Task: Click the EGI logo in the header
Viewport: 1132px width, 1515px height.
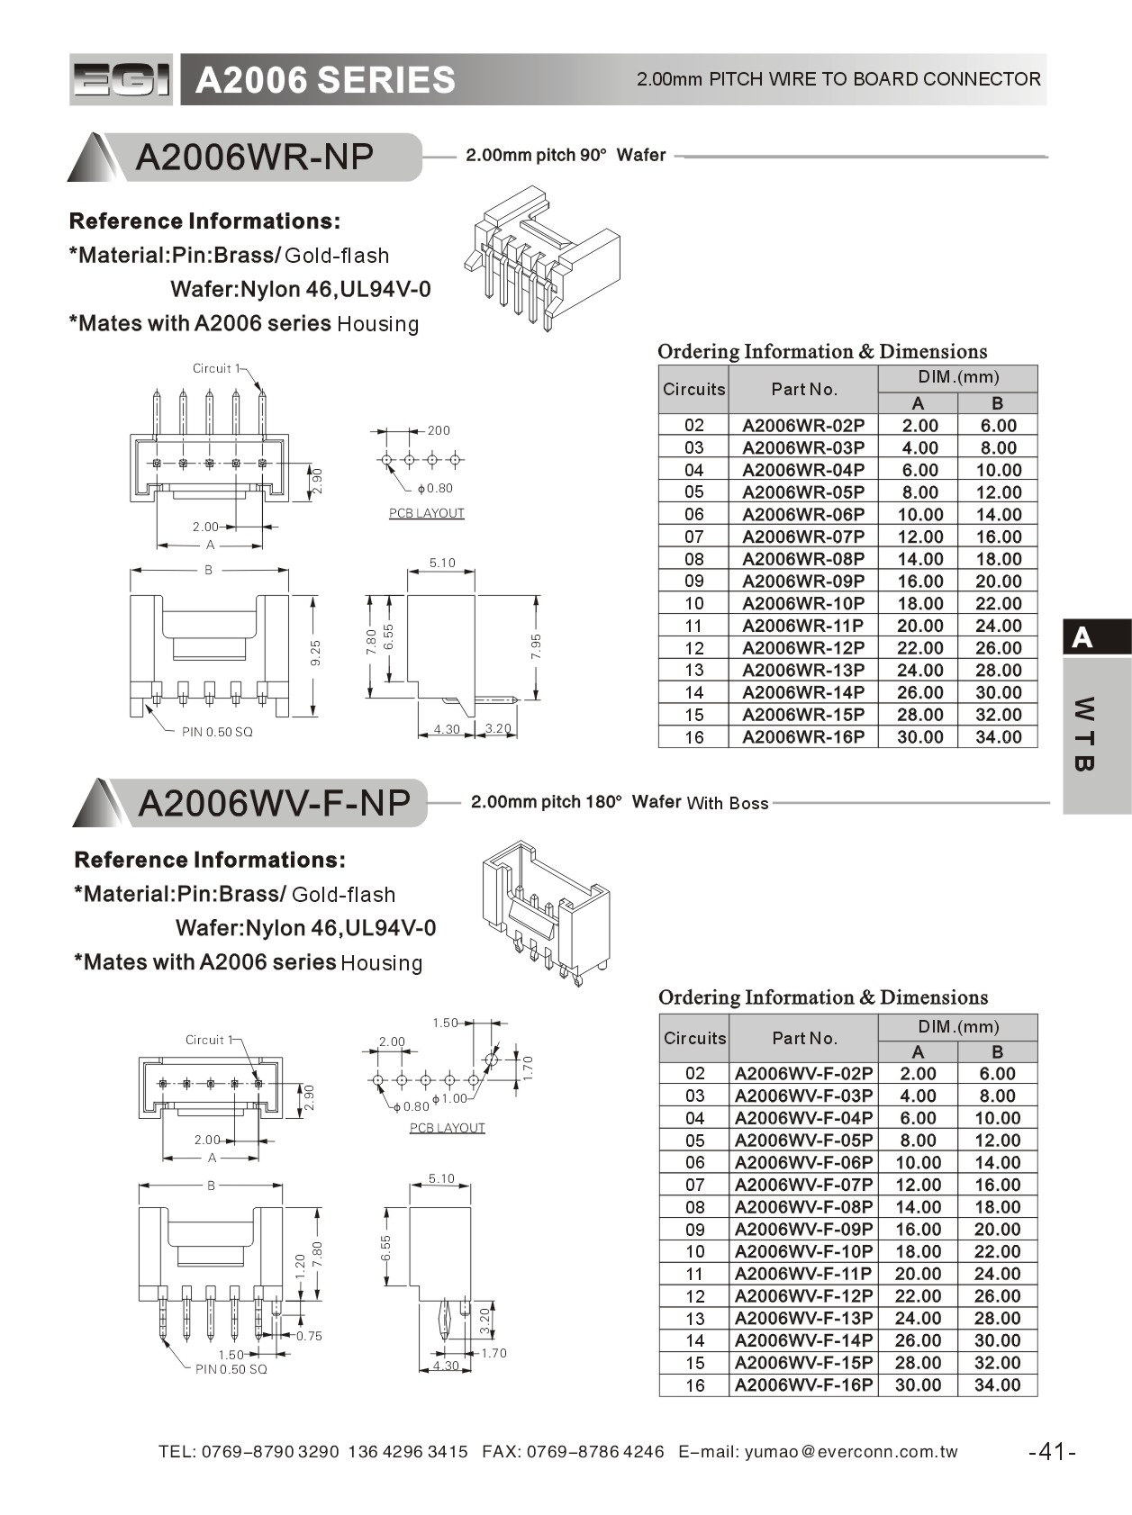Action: pos(121,80)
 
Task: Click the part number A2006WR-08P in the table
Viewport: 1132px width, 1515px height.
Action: pos(802,559)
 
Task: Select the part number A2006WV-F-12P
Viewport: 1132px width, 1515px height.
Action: pos(803,1296)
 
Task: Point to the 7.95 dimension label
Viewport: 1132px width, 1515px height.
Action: pos(537,645)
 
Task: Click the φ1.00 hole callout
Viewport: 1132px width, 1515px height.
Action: pos(449,1098)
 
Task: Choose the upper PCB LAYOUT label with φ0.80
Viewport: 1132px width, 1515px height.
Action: pos(427,513)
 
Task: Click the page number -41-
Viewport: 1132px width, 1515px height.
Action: pos(1052,1451)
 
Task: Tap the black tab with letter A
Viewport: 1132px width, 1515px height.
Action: pos(1096,637)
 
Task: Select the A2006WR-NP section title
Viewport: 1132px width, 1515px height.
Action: pos(255,158)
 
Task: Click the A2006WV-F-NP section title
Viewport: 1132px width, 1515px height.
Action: pos(274,803)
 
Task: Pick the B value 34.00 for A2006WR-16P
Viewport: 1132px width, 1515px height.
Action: pos(998,737)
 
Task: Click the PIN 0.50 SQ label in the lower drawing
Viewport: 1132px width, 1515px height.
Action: pos(231,1369)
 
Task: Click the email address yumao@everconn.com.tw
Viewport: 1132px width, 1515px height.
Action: pos(851,1452)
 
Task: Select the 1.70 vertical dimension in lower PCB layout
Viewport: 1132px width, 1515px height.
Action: pos(529,1067)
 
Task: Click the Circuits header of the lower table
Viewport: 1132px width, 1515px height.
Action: pos(694,1038)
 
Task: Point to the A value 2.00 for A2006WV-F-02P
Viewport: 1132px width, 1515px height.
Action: pos(918,1074)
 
